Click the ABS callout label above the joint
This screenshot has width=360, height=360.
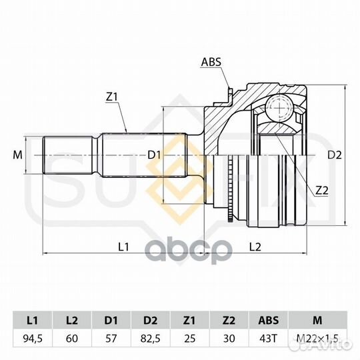[211, 62]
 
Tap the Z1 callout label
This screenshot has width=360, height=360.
[111, 97]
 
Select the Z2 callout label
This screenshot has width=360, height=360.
[321, 190]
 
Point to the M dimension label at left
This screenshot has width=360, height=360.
[18, 155]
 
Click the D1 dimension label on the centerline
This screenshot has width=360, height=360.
[154, 155]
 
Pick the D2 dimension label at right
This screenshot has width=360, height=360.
[335, 155]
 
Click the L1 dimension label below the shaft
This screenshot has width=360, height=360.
[123, 247]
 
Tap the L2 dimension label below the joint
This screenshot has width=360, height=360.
[255, 247]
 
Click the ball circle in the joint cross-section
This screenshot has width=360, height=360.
[279, 108]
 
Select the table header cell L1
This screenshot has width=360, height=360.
[33, 320]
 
